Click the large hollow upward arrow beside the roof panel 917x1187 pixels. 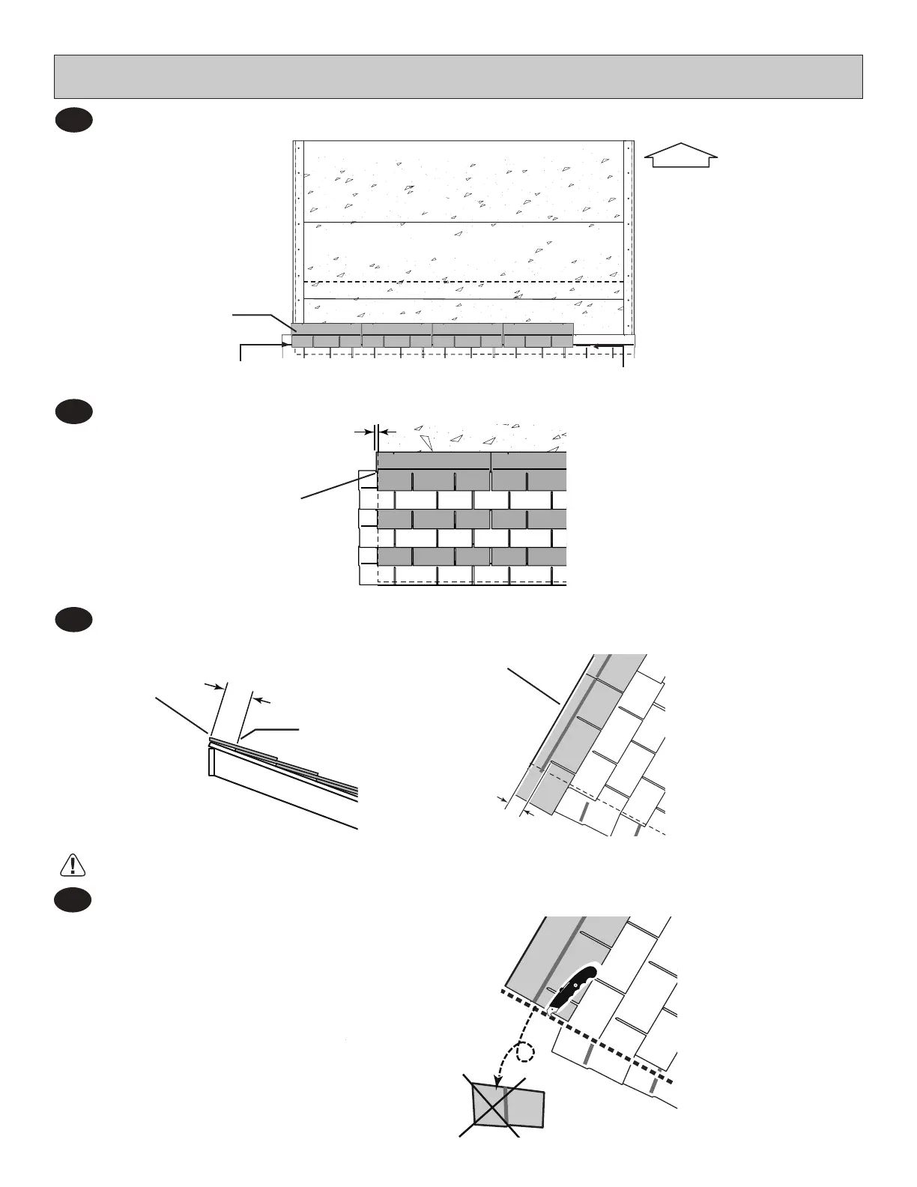pyautogui.click(x=681, y=156)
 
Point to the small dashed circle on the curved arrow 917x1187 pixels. pyautogui.click(x=527, y=1054)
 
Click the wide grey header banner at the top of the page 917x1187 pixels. pyautogui.click(x=458, y=76)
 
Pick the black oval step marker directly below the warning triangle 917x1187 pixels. pyautogui.click(x=73, y=900)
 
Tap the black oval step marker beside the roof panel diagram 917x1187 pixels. pyautogui.click(x=73, y=121)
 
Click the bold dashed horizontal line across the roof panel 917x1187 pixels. pyautogui.click(x=464, y=282)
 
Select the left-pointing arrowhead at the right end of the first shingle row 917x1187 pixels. pyautogui.click(x=596, y=346)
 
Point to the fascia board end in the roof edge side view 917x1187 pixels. pyautogui.click(x=211, y=762)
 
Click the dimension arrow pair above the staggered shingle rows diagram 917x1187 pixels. pyautogui.click(x=375, y=432)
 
